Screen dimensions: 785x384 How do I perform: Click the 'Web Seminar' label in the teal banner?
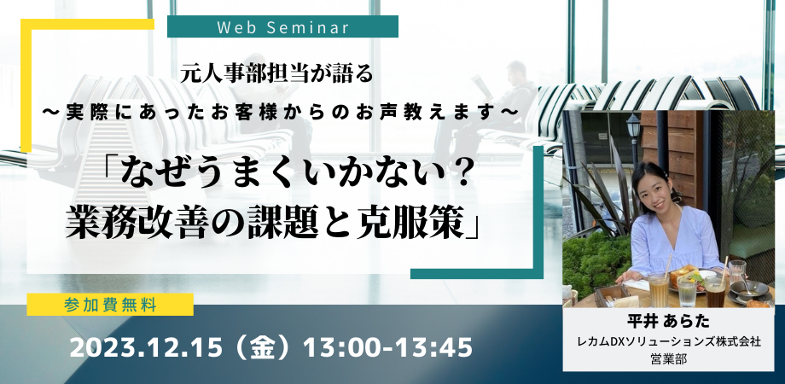pyautogui.click(x=283, y=27)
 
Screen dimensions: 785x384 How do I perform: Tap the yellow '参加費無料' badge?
pyautogui.click(x=110, y=305)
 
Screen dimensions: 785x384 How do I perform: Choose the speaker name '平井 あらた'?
pyautogui.click(x=668, y=319)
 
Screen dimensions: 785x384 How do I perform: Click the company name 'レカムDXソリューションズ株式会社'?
pyautogui.click(x=668, y=342)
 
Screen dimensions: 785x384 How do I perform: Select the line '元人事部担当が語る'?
pyautogui.click(x=279, y=74)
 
